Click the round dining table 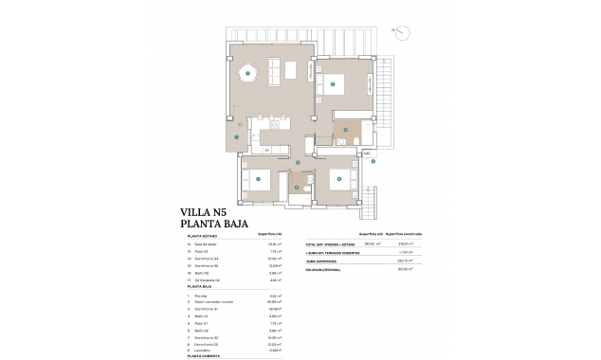[x=247, y=70]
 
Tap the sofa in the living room [x=291, y=69]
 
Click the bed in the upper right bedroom [x=336, y=83]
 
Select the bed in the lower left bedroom [x=259, y=179]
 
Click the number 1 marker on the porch [x=233, y=134]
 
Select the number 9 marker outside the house [x=373, y=161]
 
